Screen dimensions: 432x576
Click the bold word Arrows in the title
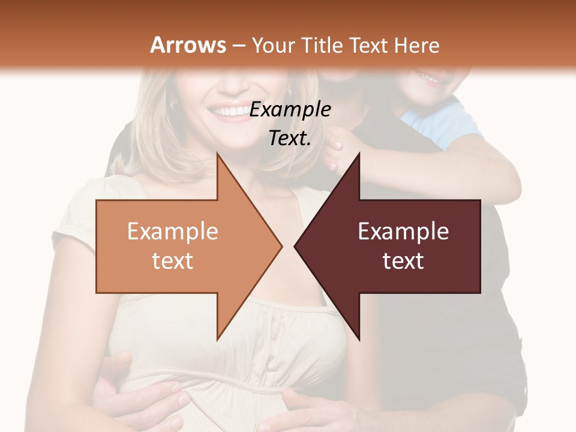(x=188, y=45)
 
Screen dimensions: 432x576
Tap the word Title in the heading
(x=322, y=45)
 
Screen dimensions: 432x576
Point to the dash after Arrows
(x=238, y=46)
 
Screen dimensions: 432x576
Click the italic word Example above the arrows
(x=290, y=110)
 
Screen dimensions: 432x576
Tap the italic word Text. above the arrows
(x=290, y=138)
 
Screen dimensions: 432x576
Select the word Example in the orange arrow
(x=172, y=231)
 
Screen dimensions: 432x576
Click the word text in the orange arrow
(x=172, y=260)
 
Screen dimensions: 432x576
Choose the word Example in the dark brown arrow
(x=403, y=231)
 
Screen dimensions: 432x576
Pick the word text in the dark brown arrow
(x=403, y=260)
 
